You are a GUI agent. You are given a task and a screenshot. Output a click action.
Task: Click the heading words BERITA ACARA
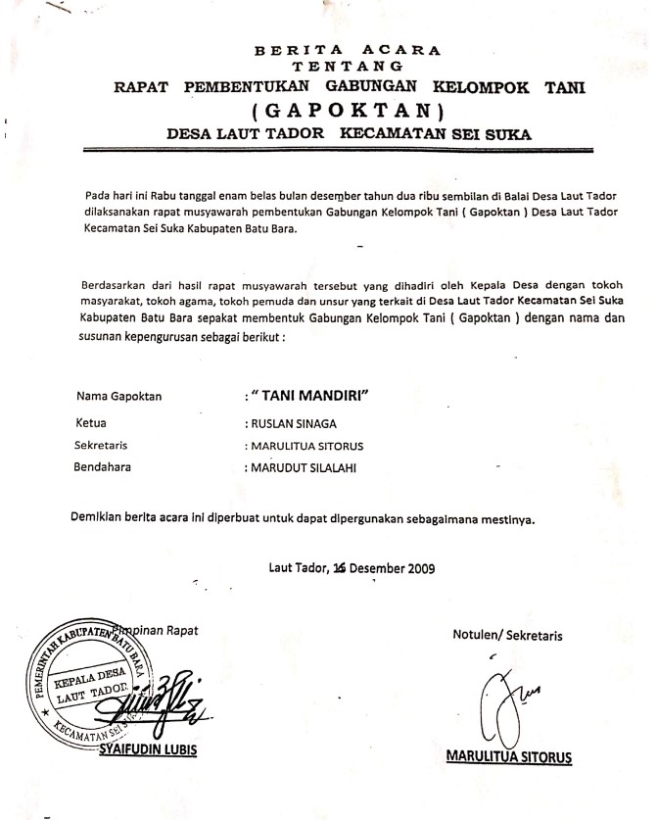click(x=348, y=47)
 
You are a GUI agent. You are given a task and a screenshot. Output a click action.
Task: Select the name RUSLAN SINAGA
click(x=293, y=424)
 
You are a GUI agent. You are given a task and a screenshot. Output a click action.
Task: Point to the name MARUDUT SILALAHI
click(x=301, y=467)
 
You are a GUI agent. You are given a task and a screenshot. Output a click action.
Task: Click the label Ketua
click(x=91, y=424)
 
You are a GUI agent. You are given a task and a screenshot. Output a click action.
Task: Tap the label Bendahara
click(x=103, y=467)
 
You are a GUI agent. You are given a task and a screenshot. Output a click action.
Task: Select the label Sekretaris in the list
click(x=102, y=445)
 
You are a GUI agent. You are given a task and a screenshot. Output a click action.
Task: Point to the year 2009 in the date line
click(x=418, y=567)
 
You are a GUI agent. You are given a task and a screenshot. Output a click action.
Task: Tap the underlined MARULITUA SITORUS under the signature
click(x=508, y=756)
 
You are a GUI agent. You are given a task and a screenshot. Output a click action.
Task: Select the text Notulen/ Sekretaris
click(x=507, y=634)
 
